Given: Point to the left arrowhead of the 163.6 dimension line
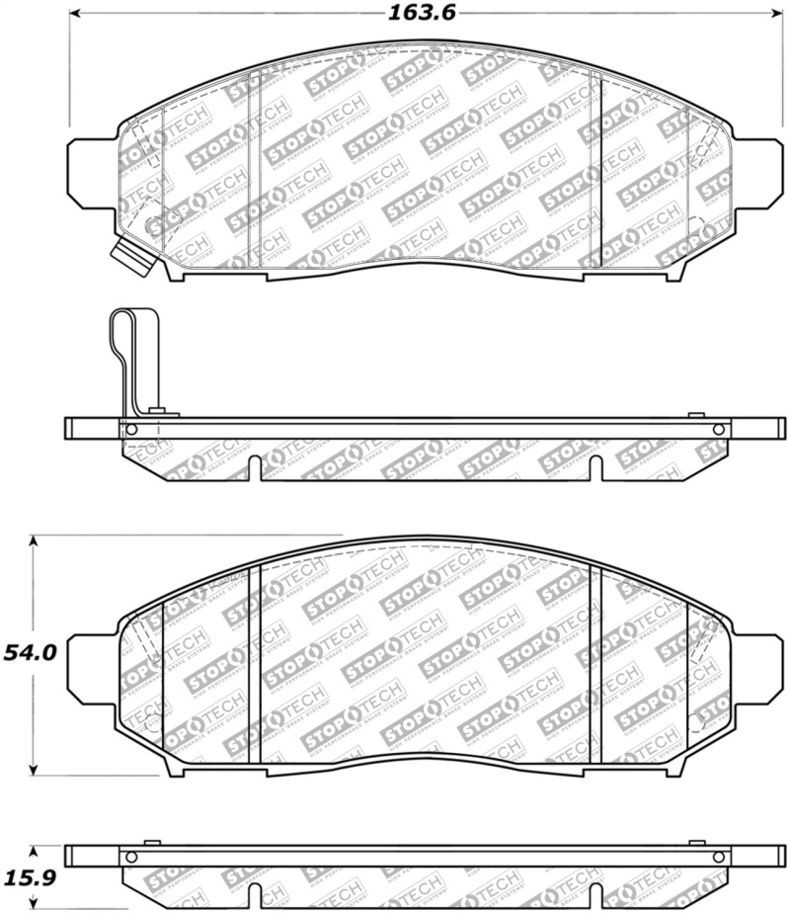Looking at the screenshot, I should (x=76, y=15).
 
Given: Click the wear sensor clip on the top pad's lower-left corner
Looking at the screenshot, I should (x=131, y=259).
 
